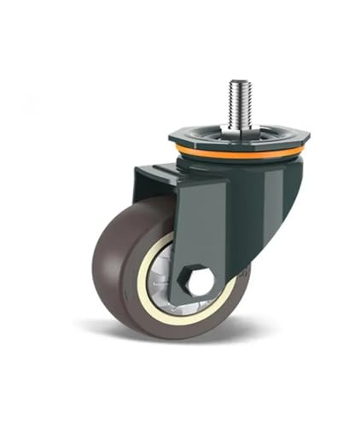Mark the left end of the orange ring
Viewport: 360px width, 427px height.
tap(177, 148)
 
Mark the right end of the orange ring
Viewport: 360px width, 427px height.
tap(303, 150)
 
